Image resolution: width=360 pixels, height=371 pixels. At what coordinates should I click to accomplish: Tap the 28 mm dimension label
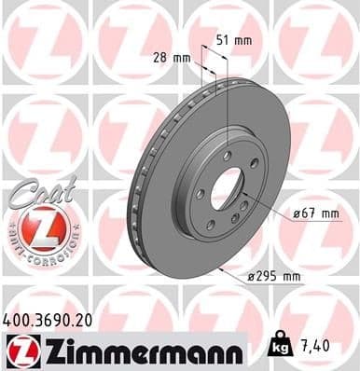point(174,59)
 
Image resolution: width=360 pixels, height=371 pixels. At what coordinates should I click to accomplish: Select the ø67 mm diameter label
point(313,213)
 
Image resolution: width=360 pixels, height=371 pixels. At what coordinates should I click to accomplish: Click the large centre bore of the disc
point(224,190)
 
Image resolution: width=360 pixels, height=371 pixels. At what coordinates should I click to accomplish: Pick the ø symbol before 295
point(253,277)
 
